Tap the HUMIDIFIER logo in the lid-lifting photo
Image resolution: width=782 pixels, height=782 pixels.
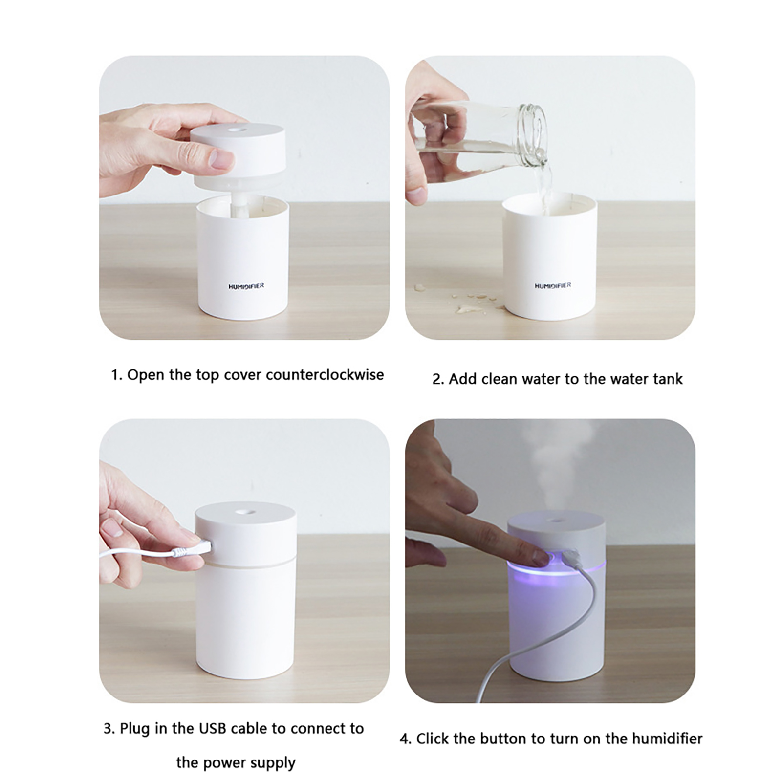pos(246,286)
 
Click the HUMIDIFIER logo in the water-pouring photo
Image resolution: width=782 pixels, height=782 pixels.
pos(553,285)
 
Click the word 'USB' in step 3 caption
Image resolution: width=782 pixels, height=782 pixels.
pos(213,728)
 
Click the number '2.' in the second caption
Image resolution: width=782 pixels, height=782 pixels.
pos(438,379)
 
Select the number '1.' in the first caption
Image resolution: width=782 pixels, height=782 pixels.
pos(116,375)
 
